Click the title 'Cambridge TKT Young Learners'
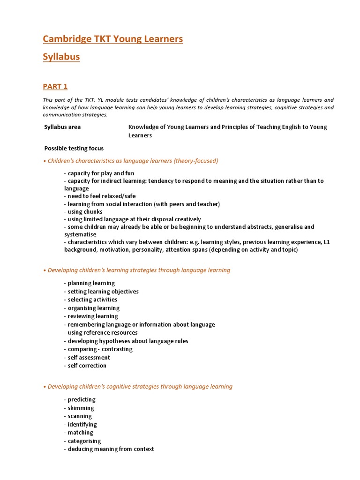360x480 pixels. pos(112,39)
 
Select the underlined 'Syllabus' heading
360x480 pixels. pos(61,57)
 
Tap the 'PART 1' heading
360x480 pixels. pos(55,86)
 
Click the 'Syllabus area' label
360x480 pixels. pos(62,127)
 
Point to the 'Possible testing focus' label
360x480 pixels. pos(74,149)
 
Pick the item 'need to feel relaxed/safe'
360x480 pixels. pos(100,196)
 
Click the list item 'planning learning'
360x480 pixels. pos(90,283)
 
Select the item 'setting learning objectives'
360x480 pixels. pos(101,292)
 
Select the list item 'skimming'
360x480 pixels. pos(79,408)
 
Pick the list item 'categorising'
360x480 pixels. pos(82,441)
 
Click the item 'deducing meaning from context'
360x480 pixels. pos(109,449)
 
